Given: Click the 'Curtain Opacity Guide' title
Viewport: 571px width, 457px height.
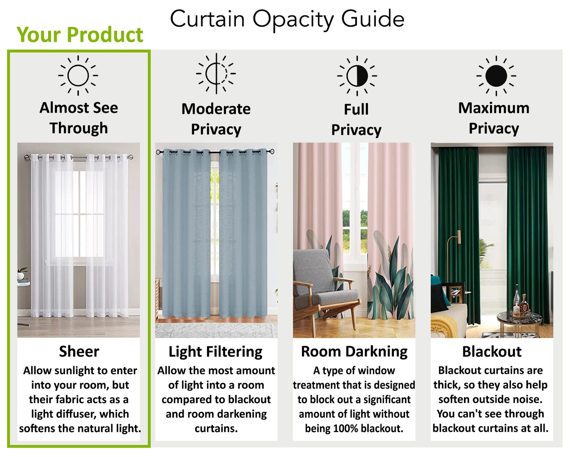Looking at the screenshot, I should (287, 19).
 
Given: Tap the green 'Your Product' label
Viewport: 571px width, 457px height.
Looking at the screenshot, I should (80, 35).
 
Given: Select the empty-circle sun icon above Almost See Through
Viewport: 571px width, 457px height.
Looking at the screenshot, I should (78, 75).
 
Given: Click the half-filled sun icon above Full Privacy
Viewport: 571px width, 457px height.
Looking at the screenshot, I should (357, 76).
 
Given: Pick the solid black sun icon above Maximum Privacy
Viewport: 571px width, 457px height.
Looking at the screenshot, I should (496, 76).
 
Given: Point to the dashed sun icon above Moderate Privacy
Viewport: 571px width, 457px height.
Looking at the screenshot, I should (216, 74).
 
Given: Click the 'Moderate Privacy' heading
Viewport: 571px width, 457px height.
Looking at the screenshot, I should (216, 119).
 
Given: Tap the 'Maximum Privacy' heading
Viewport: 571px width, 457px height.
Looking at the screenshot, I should (494, 118).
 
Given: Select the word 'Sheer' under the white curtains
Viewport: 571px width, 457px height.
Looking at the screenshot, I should (79, 351).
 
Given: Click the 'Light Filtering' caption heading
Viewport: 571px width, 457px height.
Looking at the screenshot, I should (215, 351).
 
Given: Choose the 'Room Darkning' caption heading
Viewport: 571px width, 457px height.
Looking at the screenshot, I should (354, 351).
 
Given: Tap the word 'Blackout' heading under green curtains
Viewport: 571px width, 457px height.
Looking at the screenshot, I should (492, 351).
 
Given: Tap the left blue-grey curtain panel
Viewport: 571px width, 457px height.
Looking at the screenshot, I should (186, 233).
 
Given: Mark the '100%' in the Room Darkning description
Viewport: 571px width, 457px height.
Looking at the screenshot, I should (345, 429).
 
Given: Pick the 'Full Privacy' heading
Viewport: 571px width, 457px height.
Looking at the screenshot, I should (356, 119).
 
